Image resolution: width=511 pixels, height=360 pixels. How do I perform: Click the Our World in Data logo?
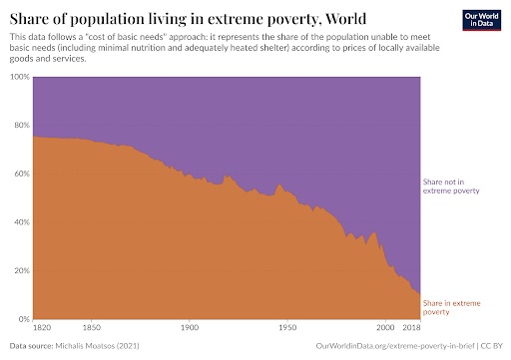pyautogui.click(x=482, y=22)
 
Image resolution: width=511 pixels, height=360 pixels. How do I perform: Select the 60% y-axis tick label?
pyautogui.click(x=20, y=174)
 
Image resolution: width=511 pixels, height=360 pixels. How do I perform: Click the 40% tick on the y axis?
pyautogui.click(x=20, y=221)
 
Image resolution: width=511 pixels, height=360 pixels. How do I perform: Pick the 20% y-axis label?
pyautogui.click(x=20, y=270)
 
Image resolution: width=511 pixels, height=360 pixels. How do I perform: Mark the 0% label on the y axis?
pyautogui.click(x=22, y=319)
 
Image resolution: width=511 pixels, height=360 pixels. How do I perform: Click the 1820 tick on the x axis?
pyautogui.click(x=43, y=328)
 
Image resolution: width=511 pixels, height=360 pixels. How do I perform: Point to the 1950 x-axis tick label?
pyautogui.click(x=286, y=328)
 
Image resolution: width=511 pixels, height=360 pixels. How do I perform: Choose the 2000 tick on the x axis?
pyautogui.click(x=384, y=328)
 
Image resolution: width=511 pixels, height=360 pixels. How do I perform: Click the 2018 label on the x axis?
pyautogui.click(x=412, y=328)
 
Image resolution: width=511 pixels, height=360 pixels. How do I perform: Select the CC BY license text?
pyautogui.click(x=489, y=347)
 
